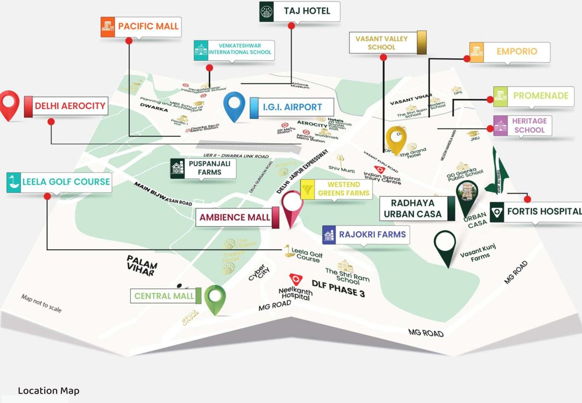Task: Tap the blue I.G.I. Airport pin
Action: coord(234,104)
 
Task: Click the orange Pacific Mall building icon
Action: coord(108,27)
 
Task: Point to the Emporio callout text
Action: coord(517,51)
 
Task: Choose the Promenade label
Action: coord(541,96)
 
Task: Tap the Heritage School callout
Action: coord(529,125)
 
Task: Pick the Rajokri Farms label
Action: coord(372,235)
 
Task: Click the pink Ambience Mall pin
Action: coord(293,206)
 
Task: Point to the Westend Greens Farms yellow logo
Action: coord(308,189)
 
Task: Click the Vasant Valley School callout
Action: coord(382,43)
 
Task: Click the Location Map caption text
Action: coord(48,391)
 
